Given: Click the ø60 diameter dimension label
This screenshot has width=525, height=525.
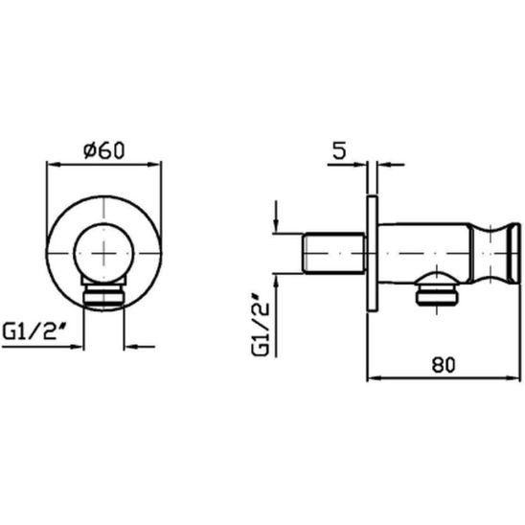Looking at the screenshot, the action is [x=103, y=150].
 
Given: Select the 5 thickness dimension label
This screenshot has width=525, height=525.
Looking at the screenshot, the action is [x=339, y=150].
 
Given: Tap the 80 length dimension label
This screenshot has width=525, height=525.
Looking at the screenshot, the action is [x=444, y=365].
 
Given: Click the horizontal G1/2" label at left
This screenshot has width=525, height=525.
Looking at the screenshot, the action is [x=34, y=332].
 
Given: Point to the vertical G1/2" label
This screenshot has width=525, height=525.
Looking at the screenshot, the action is [x=261, y=325].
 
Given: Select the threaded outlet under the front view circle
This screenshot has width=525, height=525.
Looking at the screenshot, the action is [x=103, y=295].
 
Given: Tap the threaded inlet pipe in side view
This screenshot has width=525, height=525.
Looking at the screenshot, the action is [x=333, y=253].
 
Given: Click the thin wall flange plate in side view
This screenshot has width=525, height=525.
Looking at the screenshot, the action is [x=372, y=254].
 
